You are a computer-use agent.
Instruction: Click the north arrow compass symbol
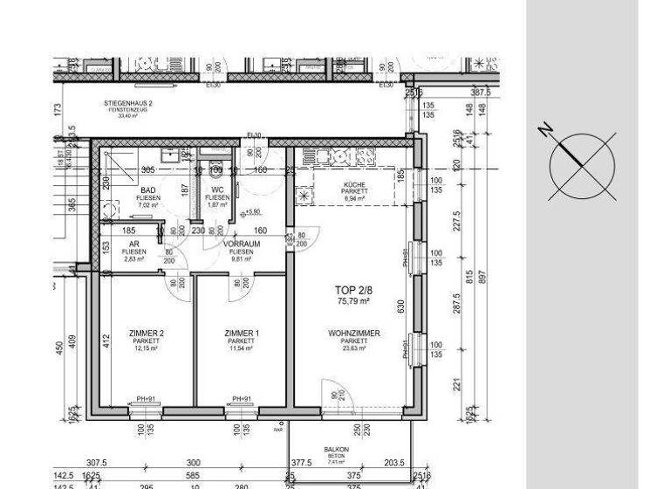pyautogui.click(x=582, y=165)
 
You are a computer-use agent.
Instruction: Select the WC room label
pyautogui.click(x=216, y=189)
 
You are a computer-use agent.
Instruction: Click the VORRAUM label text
pyautogui.click(x=242, y=244)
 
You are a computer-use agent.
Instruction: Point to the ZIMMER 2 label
pyautogui.click(x=146, y=334)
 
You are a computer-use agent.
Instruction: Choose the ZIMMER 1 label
pyautogui.click(x=242, y=334)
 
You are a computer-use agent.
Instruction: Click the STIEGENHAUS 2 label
pyautogui.click(x=128, y=103)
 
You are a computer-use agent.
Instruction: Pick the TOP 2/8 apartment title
pyautogui.click(x=353, y=290)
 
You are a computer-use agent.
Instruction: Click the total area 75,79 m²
pyautogui.click(x=353, y=300)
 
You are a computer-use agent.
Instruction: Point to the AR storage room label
pyautogui.click(x=133, y=244)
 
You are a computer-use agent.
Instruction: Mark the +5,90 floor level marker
pyautogui.click(x=252, y=211)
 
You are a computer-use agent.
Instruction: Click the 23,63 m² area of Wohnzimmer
pyautogui.click(x=353, y=348)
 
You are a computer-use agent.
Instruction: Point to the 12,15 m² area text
pyautogui.click(x=146, y=348)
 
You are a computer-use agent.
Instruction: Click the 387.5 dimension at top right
pyautogui.click(x=480, y=92)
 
